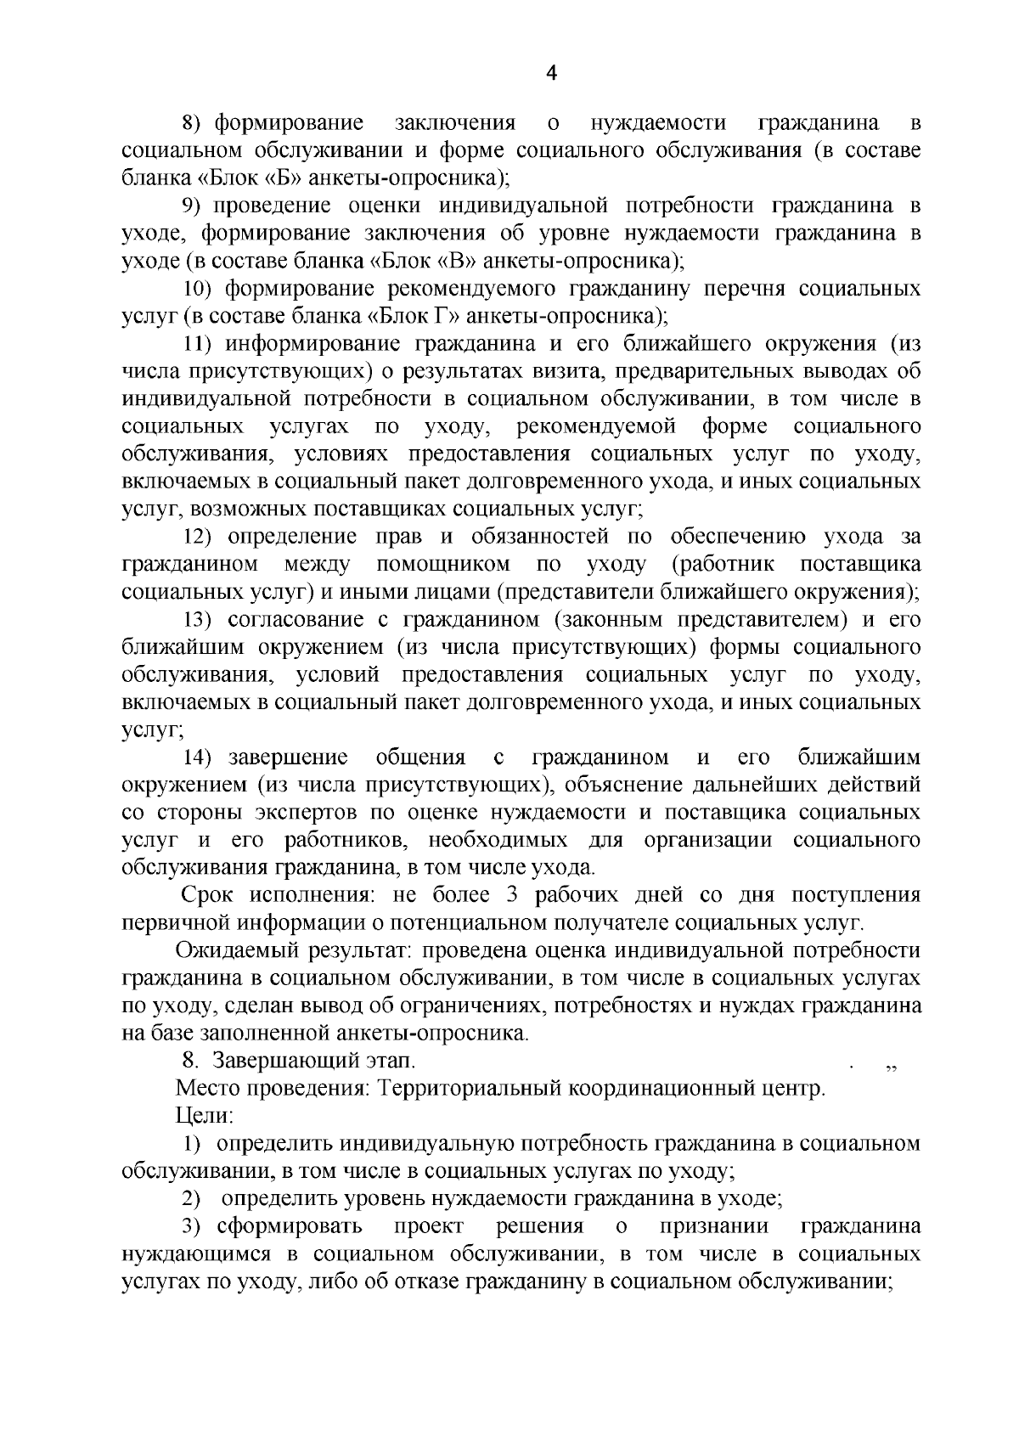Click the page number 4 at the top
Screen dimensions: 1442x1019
click(550, 74)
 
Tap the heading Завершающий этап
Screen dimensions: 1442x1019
click(314, 1061)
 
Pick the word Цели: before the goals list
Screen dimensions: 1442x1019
click(198, 1115)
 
